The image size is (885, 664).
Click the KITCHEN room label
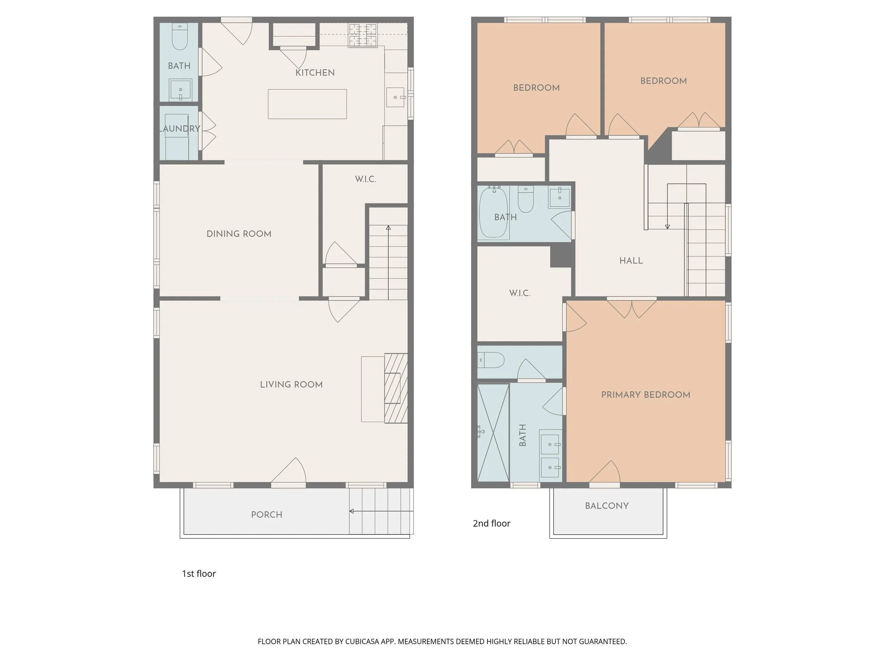coord(315,73)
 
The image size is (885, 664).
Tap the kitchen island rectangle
coord(307,104)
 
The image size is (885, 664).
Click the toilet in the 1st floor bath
coord(179,37)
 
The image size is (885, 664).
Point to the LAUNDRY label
coord(179,129)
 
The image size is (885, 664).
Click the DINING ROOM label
coord(239,234)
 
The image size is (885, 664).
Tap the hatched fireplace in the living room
coord(396,388)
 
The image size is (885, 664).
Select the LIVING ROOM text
coord(291,385)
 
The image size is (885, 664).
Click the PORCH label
coord(267,515)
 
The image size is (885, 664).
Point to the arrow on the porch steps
coord(381,511)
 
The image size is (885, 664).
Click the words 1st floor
coord(199,574)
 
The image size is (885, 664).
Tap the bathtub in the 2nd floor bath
coord(494,212)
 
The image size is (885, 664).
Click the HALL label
coord(631,261)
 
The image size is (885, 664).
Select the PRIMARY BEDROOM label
coord(646,395)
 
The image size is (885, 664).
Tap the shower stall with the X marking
coord(493,433)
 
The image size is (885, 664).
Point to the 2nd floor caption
coord(492,523)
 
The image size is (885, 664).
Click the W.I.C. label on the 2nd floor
coord(520,293)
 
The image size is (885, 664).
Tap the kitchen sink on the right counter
coord(395,97)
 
